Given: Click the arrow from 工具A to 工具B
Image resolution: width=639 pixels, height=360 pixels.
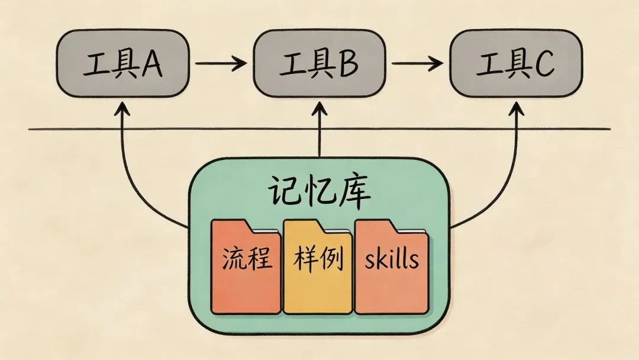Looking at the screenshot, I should [220, 62].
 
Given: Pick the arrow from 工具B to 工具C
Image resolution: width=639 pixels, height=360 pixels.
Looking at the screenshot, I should [418, 62].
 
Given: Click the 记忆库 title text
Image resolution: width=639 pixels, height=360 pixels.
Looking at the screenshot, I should [319, 192].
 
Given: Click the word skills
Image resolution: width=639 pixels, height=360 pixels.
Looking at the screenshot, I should [391, 259].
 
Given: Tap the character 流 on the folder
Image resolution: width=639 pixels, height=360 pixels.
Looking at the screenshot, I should [234, 259].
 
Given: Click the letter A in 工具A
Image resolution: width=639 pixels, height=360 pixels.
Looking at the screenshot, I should [151, 65].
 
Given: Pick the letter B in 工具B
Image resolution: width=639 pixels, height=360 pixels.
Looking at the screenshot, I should [348, 65].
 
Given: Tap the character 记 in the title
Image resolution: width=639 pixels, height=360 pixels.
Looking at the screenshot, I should [286, 193].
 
